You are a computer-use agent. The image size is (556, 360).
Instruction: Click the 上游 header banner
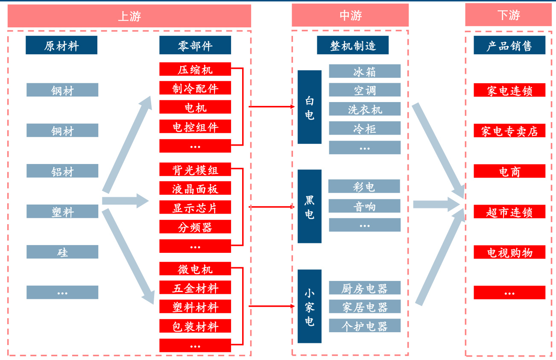[129, 16]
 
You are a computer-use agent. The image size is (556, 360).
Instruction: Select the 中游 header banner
[350, 15]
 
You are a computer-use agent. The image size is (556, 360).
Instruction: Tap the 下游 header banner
[509, 15]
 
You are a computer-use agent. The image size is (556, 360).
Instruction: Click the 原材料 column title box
[61, 45]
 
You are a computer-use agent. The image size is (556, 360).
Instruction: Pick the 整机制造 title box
[353, 45]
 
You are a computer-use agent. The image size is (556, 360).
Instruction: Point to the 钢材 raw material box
[62, 90]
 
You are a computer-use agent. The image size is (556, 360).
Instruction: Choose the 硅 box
[62, 252]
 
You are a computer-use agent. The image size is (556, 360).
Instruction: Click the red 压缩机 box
[195, 69]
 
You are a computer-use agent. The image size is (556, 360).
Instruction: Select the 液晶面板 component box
[195, 188]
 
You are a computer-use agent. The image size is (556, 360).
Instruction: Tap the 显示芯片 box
[195, 208]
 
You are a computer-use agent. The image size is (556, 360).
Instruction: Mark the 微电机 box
[195, 269]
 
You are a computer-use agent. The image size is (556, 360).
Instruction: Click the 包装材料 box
[195, 326]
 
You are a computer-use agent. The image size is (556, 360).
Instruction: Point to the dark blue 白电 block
[310, 107]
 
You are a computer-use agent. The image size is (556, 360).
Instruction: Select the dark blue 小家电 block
[310, 306]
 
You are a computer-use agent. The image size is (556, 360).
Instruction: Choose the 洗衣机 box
[365, 109]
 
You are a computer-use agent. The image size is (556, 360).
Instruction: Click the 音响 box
[365, 206]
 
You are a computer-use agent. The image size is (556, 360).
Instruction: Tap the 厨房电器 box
[365, 288]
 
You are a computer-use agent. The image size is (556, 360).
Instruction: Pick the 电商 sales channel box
[509, 171]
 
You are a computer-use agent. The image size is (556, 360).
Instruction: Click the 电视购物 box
[509, 252]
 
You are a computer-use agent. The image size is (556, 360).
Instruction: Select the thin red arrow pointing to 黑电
[272, 207]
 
